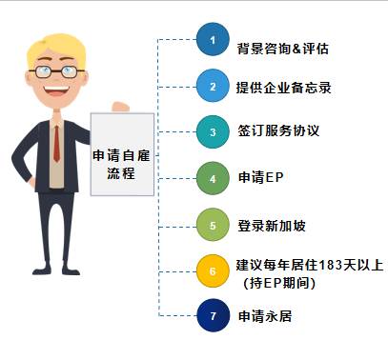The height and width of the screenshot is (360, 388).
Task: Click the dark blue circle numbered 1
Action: [x=214, y=41]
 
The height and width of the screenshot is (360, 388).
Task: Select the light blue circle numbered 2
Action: [x=214, y=87]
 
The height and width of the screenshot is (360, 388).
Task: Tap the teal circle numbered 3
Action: [x=214, y=131]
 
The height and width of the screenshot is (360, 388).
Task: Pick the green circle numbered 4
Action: [x=214, y=177]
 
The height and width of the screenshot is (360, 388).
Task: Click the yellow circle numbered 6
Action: [x=214, y=270]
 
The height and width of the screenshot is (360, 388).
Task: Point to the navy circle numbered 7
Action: [x=214, y=314]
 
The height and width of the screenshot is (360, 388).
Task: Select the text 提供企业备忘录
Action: [x=283, y=88]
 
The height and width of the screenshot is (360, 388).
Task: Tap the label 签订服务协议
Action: [x=276, y=132]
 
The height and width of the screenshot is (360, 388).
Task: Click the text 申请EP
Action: [x=260, y=178]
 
